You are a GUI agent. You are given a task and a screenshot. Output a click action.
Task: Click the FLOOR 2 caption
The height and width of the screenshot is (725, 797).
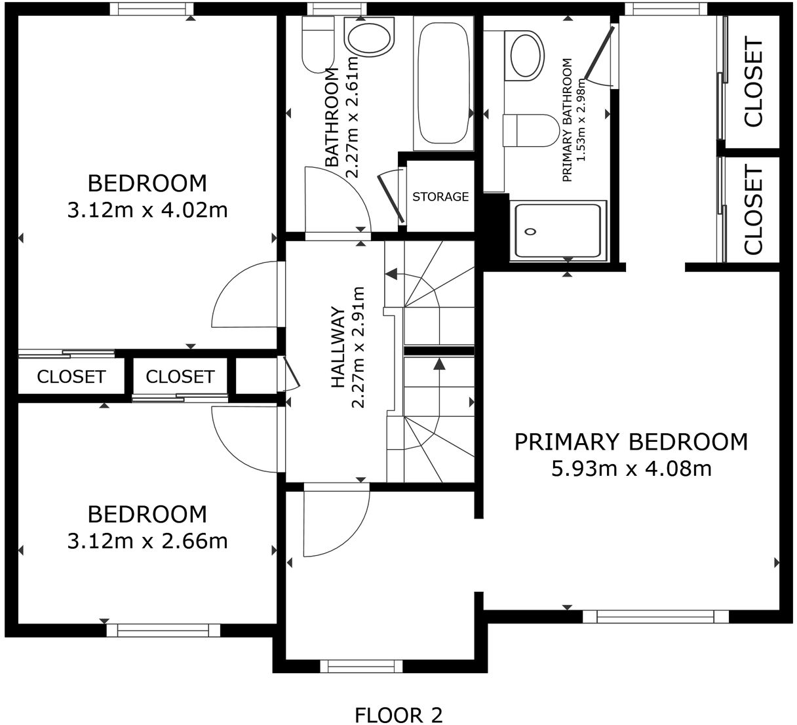[398, 715]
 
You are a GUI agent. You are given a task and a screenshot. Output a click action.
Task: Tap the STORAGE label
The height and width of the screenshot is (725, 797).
[440, 197]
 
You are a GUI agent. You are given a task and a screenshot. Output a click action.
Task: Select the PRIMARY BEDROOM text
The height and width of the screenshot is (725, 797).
[631, 442]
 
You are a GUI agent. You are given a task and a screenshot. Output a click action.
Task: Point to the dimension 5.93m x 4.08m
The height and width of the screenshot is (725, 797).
[631, 469]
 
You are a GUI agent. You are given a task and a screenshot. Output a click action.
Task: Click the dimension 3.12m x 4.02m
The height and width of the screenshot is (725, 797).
[147, 210]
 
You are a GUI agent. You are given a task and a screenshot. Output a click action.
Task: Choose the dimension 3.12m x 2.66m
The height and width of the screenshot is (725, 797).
[147, 541]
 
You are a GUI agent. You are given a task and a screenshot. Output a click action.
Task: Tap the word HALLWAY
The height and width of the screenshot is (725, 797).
[338, 347]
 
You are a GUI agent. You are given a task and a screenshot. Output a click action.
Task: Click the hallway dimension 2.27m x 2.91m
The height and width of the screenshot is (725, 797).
[358, 347]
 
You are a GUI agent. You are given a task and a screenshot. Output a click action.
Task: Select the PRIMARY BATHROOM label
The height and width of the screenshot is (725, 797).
[567, 120]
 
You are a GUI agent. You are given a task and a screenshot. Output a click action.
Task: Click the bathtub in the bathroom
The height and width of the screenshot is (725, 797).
[444, 83]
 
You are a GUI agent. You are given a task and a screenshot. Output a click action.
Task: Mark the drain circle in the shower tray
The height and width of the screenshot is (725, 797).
[531, 231]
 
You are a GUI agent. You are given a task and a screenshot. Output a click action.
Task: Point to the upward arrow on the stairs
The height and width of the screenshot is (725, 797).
[438, 364]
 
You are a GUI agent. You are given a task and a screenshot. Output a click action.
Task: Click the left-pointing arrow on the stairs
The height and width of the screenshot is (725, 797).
[391, 273]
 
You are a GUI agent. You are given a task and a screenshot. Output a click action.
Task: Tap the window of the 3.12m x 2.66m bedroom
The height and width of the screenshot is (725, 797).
[163, 631]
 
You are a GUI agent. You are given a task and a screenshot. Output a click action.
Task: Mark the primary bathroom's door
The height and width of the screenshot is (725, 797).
[598, 55]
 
